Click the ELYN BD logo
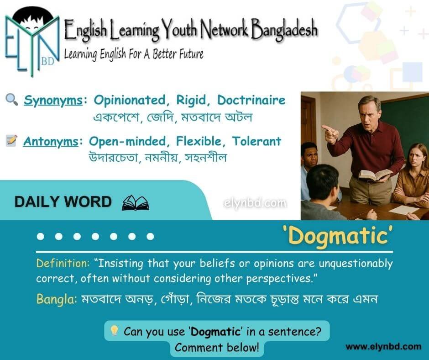(x=32, y=42)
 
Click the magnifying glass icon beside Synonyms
(x=12, y=100)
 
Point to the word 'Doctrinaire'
(x=251, y=100)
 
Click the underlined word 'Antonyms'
(x=51, y=142)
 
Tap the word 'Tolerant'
(x=256, y=141)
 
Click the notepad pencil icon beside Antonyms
(x=11, y=141)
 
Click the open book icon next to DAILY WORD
(x=136, y=203)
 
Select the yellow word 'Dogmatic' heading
(x=338, y=236)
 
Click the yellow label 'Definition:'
(x=63, y=263)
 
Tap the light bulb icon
(x=114, y=331)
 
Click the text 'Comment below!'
(x=217, y=348)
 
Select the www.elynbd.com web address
(x=383, y=347)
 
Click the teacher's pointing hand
(x=330, y=133)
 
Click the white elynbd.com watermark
(x=255, y=203)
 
